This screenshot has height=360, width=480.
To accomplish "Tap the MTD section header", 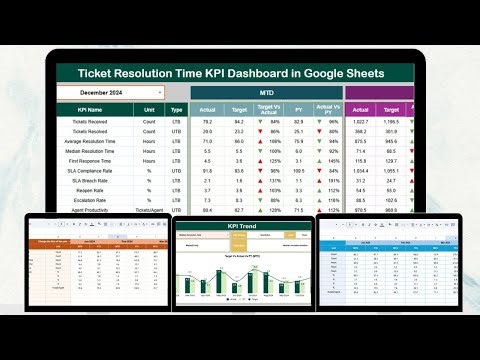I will [265, 92].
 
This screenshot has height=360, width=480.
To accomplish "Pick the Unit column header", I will [148, 109].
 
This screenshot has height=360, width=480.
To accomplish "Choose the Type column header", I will [176, 109].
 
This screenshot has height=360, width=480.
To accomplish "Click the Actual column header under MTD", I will [206, 109].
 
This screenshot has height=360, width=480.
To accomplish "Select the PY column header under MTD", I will [299, 109].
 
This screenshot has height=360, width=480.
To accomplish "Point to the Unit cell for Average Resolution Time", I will [148, 141].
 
